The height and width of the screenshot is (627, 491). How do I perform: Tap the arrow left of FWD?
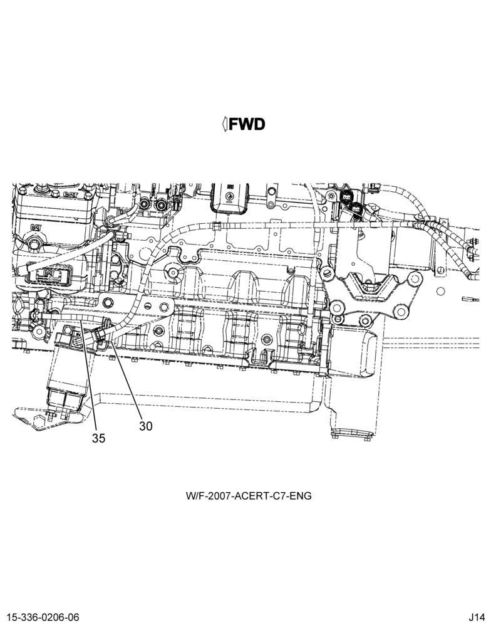(x=225, y=124)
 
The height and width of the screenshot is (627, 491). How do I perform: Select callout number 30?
(x=146, y=426)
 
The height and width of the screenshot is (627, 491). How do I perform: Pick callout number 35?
(x=99, y=438)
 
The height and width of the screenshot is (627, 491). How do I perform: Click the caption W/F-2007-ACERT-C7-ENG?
(x=249, y=496)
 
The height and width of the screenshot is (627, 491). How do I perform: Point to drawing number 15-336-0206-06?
(x=43, y=617)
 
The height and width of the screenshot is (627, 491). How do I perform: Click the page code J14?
(x=477, y=617)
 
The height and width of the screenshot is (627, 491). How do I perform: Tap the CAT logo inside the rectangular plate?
(x=49, y=273)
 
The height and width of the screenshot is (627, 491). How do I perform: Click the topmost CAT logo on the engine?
(x=70, y=194)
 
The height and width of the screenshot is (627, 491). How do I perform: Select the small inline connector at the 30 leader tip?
(x=101, y=334)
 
